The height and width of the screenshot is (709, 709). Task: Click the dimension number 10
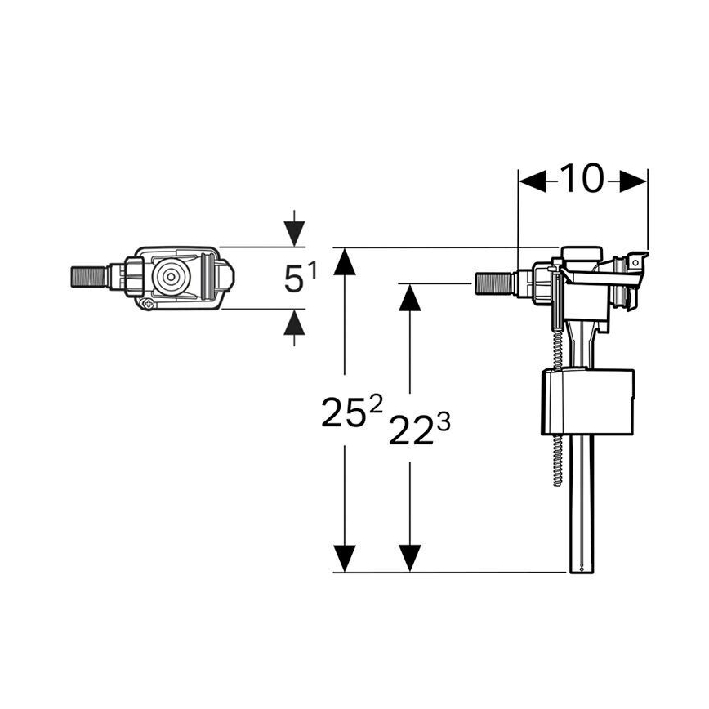click(x=581, y=178)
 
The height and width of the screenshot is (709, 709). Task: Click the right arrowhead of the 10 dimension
click(x=633, y=181)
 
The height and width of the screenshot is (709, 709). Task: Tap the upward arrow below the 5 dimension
click(x=294, y=324)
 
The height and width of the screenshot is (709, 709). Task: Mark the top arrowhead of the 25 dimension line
click(x=346, y=264)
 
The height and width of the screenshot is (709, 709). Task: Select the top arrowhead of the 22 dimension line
click(x=410, y=300)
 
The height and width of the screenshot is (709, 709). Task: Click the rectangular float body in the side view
click(x=588, y=403)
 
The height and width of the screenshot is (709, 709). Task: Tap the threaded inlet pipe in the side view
click(x=493, y=284)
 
